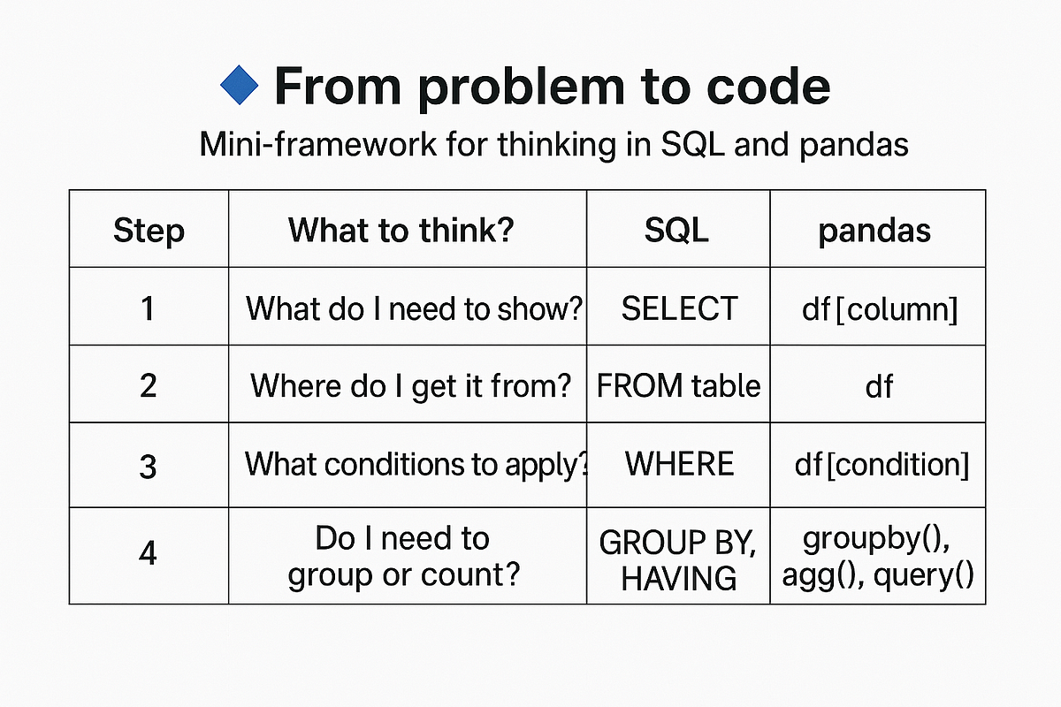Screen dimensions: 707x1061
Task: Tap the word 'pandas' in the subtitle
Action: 853,144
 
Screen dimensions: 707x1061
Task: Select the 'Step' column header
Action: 149,230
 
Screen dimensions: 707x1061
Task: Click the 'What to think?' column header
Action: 401,230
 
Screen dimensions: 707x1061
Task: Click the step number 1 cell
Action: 149,308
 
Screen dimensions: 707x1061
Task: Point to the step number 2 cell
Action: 149,386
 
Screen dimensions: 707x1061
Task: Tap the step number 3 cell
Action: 149,465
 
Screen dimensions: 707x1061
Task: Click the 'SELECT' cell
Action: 679,308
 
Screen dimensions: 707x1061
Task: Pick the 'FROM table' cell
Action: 679,386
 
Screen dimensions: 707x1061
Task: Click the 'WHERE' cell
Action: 679,465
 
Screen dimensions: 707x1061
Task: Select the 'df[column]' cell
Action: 878,308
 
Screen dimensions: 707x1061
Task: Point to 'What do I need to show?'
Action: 415,308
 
